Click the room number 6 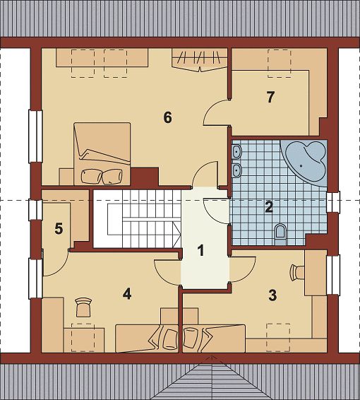coord(167,117)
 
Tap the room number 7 coord(270,97)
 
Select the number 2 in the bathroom coord(269,207)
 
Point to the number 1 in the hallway coord(201,250)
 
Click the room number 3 coord(272,295)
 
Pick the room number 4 coord(127,293)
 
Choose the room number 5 coord(59,228)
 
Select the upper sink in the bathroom coord(237,152)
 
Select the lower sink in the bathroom coord(237,170)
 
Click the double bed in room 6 coord(102,153)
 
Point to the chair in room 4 coord(83,307)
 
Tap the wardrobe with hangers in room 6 coord(200,60)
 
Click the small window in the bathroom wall coord(333,203)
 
